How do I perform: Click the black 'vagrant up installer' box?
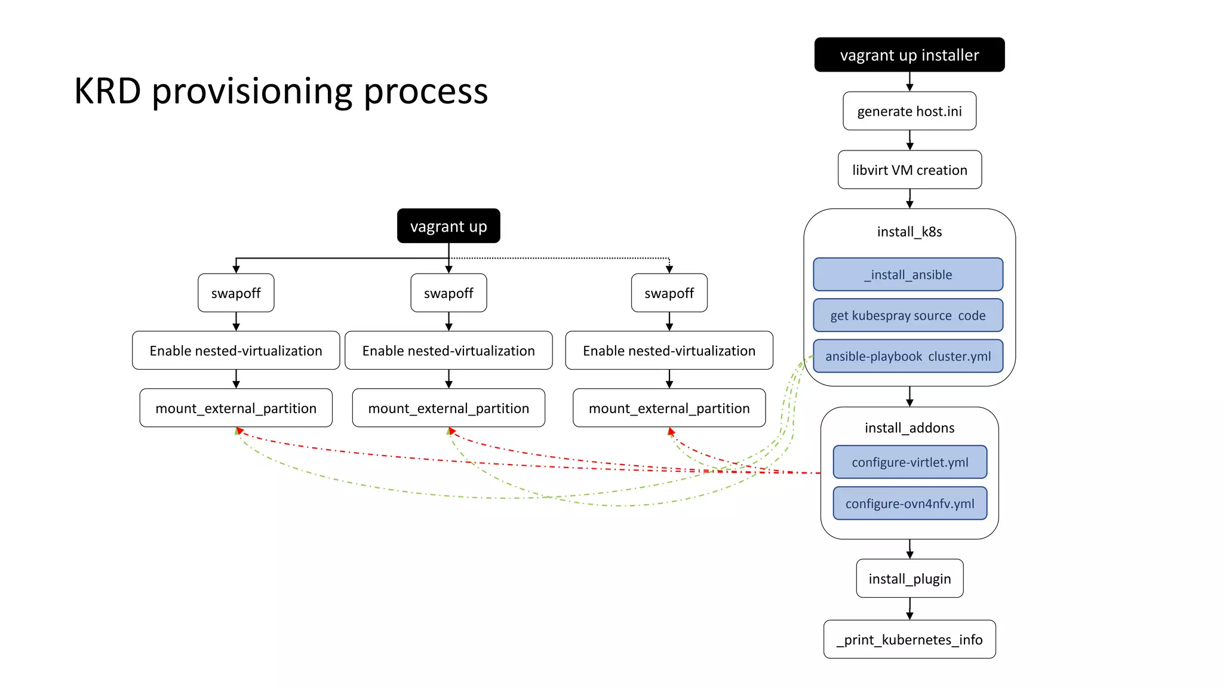(909, 55)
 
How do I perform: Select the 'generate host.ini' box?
(909, 111)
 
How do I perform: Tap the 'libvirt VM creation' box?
(909, 170)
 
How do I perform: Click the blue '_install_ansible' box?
(908, 275)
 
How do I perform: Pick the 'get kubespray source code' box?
(908, 315)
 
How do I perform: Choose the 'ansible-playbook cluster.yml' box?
(908, 357)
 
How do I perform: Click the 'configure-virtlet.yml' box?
(909, 462)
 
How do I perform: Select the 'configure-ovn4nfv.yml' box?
(909, 503)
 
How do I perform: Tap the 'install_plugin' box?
(909, 579)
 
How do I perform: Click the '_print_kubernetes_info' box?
(909, 640)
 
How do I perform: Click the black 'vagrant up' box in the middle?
(448, 226)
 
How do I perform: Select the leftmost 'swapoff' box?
(236, 293)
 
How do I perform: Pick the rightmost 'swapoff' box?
(669, 293)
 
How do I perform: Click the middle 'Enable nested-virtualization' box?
(448, 351)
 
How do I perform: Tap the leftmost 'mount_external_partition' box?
(236, 408)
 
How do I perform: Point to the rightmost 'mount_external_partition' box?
(669, 408)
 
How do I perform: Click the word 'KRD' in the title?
(107, 91)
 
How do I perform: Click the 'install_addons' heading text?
(909, 428)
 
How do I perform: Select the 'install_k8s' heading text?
(909, 232)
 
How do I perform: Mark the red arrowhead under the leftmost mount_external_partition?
(239, 431)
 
